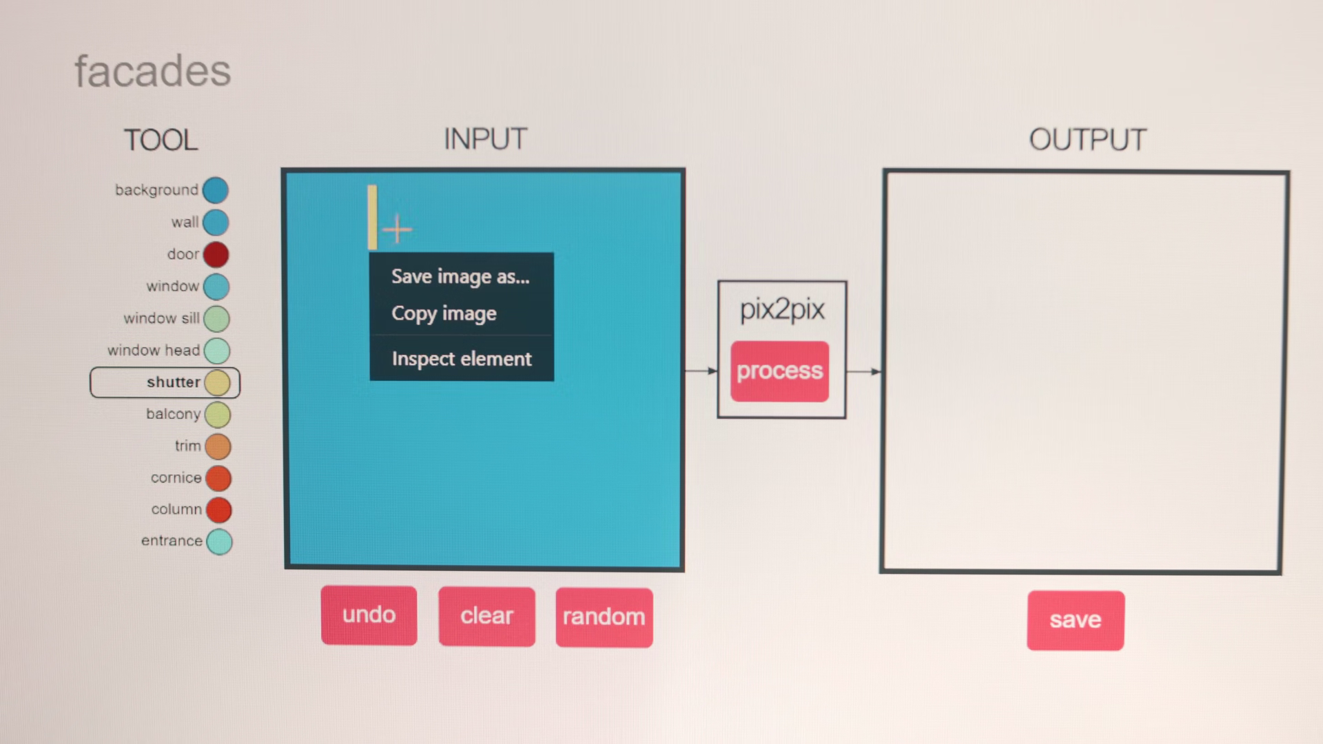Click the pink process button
(x=779, y=371)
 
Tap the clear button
(x=486, y=616)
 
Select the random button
(x=604, y=617)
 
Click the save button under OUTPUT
(x=1075, y=620)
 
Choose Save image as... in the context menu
(x=460, y=277)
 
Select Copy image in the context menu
(x=444, y=314)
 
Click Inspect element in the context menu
(x=461, y=359)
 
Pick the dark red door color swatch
(x=216, y=254)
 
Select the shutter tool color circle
(x=217, y=383)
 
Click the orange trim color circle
(x=218, y=446)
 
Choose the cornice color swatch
(x=218, y=478)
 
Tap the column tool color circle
(x=219, y=510)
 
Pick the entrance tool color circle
(x=220, y=541)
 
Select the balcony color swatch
(x=218, y=415)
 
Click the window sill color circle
(x=216, y=319)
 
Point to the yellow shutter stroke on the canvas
(x=372, y=216)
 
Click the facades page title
(x=152, y=71)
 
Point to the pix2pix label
(x=782, y=309)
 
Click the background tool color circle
(x=215, y=190)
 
